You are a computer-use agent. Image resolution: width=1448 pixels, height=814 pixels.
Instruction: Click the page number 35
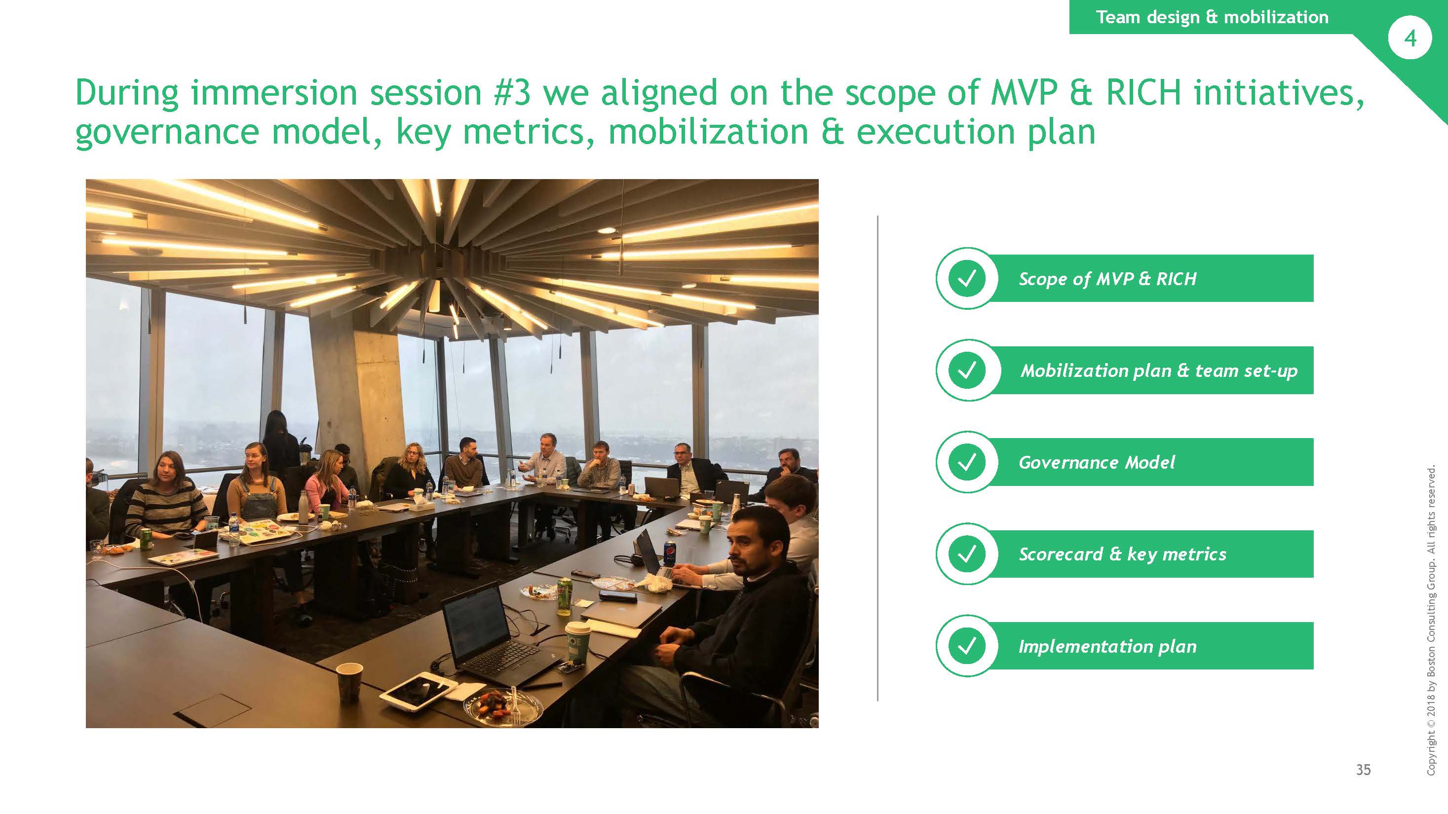coord(1363,769)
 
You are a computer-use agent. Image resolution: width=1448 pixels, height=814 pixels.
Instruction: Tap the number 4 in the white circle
coord(1410,38)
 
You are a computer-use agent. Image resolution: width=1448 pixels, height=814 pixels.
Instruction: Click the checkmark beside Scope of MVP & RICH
coord(966,278)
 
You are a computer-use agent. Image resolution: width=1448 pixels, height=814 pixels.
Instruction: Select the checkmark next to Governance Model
coord(966,462)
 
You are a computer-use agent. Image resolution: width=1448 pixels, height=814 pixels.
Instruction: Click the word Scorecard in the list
coord(1060,554)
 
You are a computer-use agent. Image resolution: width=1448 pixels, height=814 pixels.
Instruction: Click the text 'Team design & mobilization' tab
coord(1212,17)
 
